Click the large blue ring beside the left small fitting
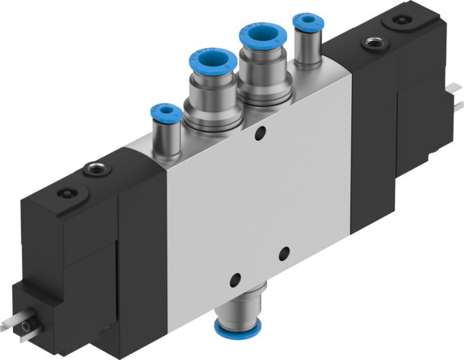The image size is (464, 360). [x=213, y=62]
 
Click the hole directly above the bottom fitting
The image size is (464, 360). [x=233, y=279]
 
